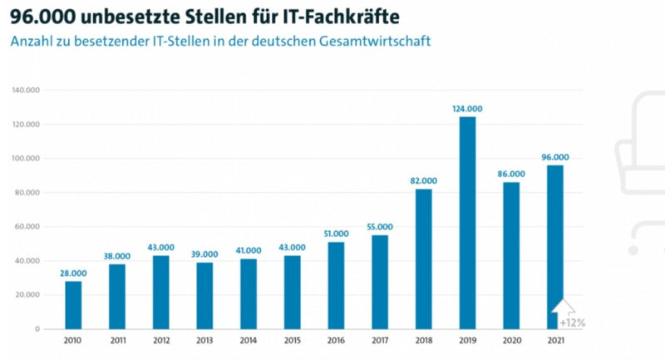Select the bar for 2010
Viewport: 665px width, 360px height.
[x=73, y=304]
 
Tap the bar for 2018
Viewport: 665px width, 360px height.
[x=423, y=259]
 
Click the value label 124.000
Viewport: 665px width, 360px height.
[x=467, y=109]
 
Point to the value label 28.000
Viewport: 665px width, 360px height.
[x=73, y=273]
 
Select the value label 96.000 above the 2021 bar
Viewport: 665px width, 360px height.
[x=554, y=157]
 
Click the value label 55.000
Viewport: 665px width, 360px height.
[x=379, y=227]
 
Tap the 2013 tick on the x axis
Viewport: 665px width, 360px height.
[x=204, y=341]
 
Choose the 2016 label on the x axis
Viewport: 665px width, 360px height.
[x=336, y=341]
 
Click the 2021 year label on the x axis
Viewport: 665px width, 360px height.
[x=554, y=341]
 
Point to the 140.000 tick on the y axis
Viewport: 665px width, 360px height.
[x=27, y=90]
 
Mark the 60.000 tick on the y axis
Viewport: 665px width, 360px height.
[x=29, y=227]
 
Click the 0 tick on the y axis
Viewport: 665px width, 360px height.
[x=38, y=329]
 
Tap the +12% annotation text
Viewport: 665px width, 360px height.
[x=572, y=322]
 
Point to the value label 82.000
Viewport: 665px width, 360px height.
[x=423, y=180]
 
